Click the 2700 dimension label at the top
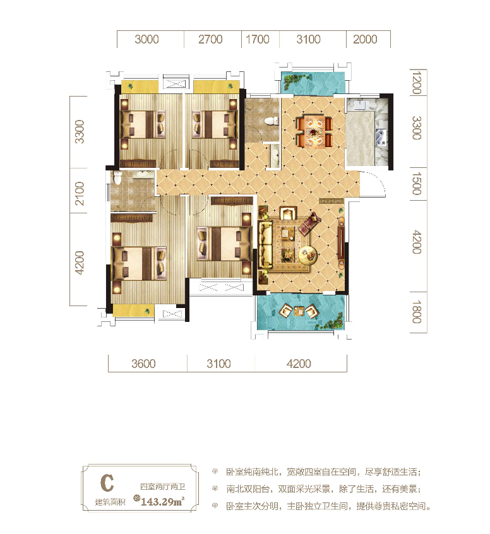point(210,40)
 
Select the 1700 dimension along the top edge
point(258,40)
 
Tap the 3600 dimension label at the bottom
point(143,364)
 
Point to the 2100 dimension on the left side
point(79,193)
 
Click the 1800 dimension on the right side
point(416,312)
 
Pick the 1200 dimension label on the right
point(416,83)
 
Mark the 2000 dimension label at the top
point(365,40)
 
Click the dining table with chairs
point(314,131)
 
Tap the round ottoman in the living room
point(308,255)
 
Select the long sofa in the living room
point(265,244)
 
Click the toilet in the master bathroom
point(117,177)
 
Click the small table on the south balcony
point(299,311)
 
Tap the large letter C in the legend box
point(107,483)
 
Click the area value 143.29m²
point(162,501)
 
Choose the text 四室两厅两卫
point(162,487)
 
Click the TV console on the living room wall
point(341,242)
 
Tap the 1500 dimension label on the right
point(416,184)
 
